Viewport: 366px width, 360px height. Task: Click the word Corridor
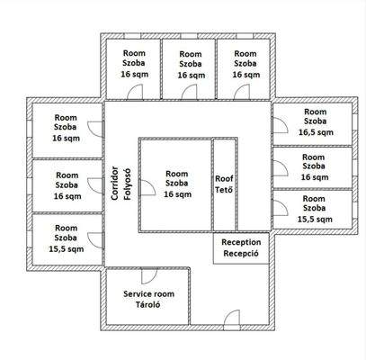click(114, 185)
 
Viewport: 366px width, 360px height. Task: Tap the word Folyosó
click(127, 185)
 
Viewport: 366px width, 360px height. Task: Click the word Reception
click(241, 242)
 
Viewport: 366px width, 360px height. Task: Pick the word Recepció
click(241, 255)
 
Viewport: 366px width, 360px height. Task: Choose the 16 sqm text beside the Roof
click(178, 194)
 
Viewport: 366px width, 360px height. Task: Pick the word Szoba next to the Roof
click(178, 184)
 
